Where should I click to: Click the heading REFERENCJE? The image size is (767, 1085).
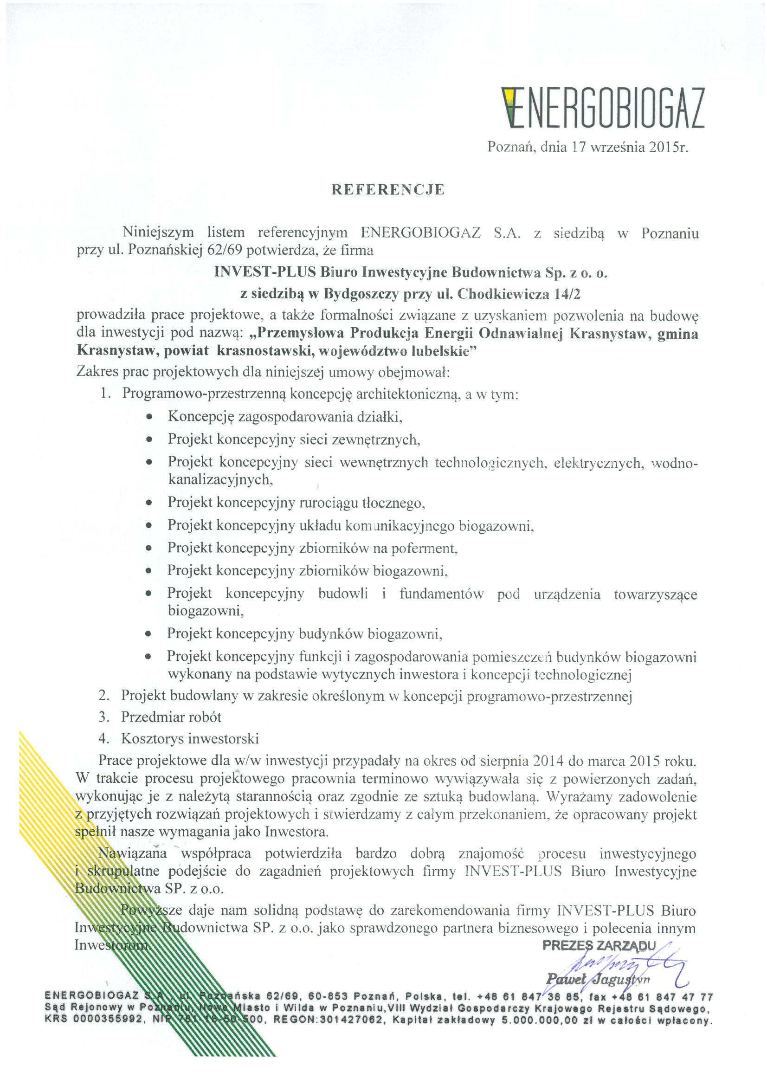(x=388, y=189)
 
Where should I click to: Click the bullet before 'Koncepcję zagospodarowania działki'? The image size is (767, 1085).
(x=149, y=417)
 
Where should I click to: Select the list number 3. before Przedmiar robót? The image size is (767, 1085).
(x=104, y=717)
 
